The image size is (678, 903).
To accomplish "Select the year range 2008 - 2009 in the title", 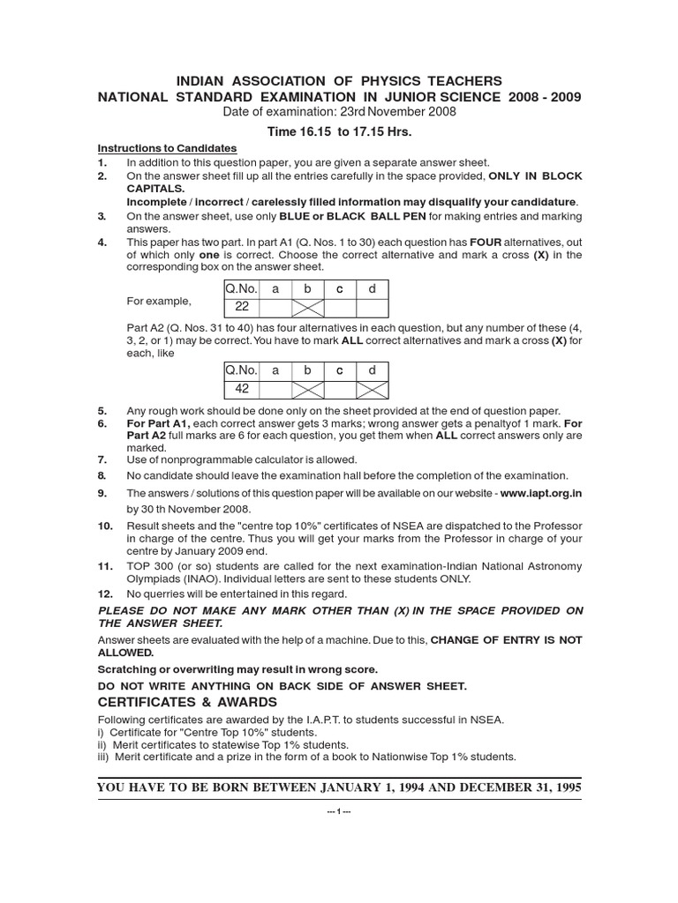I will [x=545, y=97].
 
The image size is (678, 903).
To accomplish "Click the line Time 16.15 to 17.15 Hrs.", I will [x=340, y=131].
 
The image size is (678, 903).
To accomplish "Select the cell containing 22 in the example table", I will [x=241, y=307].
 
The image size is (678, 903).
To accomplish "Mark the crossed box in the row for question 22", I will [x=308, y=307].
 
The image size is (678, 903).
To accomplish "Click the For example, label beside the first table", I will [x=159, y=301].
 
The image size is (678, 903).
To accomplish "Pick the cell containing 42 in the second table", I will [x=241, y=387].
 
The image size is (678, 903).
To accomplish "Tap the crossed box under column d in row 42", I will [x=371, y=387].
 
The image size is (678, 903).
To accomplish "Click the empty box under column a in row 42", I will [x=275, y=387].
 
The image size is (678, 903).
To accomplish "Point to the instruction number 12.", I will [x=104, y=594].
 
